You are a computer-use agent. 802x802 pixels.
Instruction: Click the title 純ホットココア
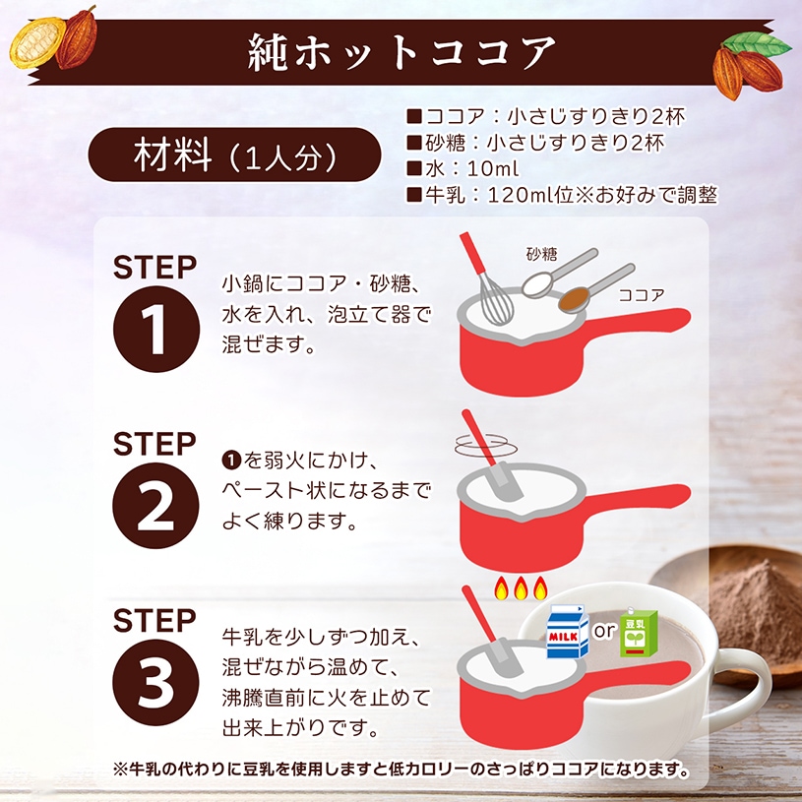click(x=401, y=52)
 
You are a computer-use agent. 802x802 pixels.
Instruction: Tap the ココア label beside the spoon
click(x=642, y=293)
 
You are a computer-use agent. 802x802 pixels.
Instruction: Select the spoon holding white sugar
click(x=539, y=282)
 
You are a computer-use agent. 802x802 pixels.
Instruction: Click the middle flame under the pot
click(x=520, y=589)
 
